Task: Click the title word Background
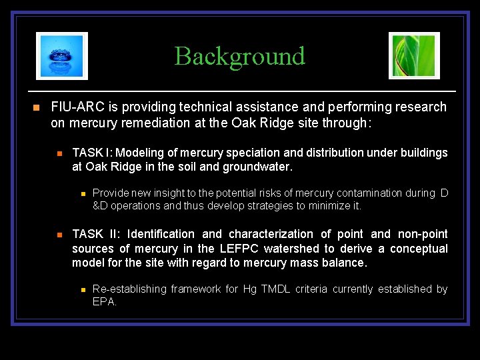coord(239,56)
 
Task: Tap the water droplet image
coord(62,56)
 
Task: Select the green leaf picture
coord(414,56)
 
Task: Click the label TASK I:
coord(92,153)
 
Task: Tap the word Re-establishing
coord(129,289)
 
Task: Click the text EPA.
coord(104,301)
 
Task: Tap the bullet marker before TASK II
coord(59,235)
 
